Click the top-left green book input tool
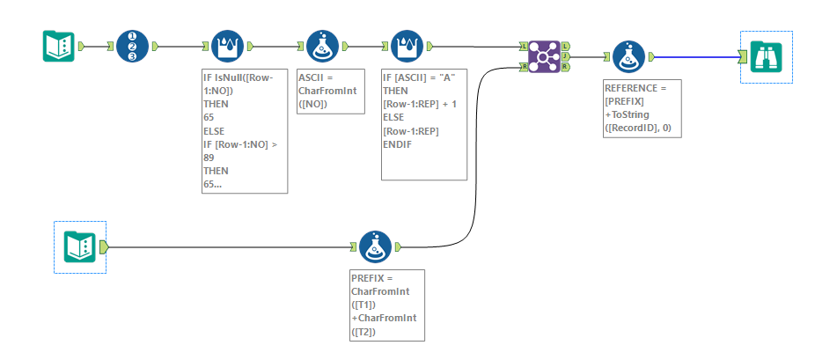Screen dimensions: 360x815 pos(58,46)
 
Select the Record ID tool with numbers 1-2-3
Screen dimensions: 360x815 pos(132,46)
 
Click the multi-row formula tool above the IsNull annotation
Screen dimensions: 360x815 pos(229,46)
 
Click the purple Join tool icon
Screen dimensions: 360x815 pos(544,56)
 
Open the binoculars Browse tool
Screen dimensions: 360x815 pos(766,57)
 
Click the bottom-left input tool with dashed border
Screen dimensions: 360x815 pos(80,246)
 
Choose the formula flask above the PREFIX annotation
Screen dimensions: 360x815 pos(377,247)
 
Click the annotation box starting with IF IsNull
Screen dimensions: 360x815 pos(244,132)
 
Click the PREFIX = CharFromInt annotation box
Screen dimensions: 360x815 pos(386,305)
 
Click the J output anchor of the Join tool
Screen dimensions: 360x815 pos(565,56)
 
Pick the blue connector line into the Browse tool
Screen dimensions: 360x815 pos(695,57)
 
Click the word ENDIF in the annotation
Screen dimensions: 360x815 pos(399,143)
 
